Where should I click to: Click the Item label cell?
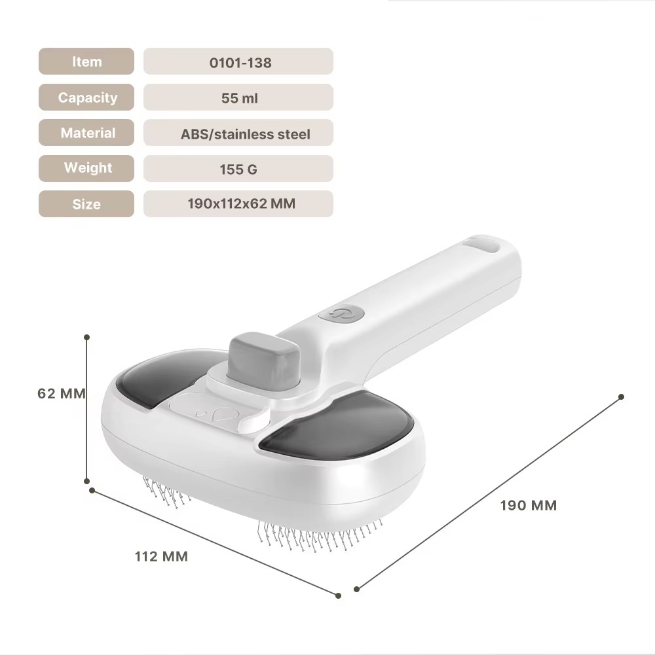tap(86, 62)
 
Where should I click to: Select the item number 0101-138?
tap(240, 63)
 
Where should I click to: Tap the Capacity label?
tap(87, 97)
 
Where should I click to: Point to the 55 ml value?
tap(239, 98)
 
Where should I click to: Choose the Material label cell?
tap(86, 133)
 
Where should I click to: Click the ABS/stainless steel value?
tap(245, 134)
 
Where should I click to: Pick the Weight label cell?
tap(86, 168)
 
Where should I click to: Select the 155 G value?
tap(238, 169)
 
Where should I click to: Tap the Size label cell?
tap(86, 204)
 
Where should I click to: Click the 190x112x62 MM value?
tap(241, 204)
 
